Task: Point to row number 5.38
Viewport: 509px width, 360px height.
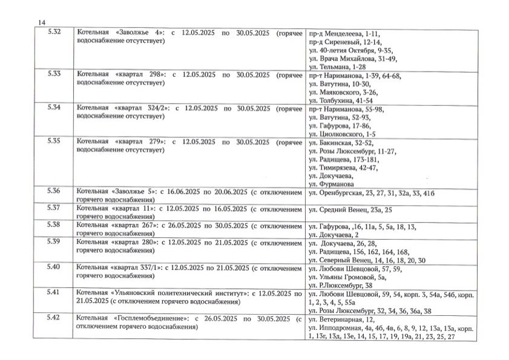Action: (53, 224)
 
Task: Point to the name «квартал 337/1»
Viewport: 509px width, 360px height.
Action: (137, 267)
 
